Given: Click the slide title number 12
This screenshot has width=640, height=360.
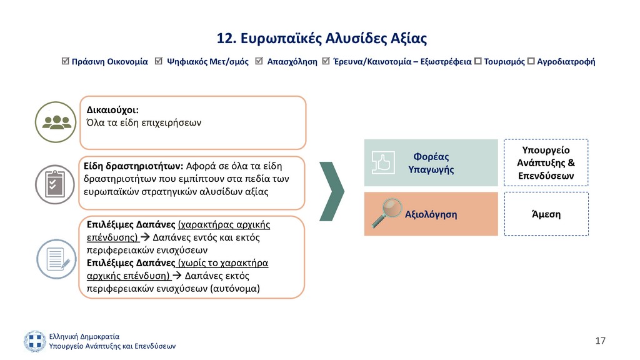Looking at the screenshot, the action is pos(226,38).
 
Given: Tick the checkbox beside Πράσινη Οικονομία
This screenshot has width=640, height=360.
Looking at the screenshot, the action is pos(65,61).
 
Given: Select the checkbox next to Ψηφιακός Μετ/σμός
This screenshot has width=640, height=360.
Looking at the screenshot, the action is pos(159,61).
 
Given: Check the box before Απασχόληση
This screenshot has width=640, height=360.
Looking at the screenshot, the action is pos(259,61).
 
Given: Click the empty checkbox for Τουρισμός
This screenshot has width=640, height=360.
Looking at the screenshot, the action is pos(478,61).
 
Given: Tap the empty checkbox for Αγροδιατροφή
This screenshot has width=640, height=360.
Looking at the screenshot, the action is pos(531,61).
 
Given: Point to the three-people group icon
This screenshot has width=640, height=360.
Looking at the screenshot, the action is pos(56,122).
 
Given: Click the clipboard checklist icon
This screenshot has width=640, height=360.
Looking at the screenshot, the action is pos(55,184).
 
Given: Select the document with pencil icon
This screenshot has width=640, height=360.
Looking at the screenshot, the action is pos(57,259).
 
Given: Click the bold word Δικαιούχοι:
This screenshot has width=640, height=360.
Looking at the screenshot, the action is pos(112,110).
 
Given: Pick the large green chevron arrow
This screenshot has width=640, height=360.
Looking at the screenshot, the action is pos(332,191).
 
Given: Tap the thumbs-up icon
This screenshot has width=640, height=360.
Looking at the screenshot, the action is pos(383,162).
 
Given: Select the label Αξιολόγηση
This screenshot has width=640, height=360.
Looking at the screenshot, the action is pos(431,214).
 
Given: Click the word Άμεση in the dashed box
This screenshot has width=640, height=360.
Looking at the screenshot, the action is pos(546,214).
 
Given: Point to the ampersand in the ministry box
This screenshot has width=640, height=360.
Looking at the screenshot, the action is pos(571,163).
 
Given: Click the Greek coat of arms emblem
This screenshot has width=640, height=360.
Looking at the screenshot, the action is pos(35,341).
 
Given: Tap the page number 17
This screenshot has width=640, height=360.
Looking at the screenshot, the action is pos(600,341).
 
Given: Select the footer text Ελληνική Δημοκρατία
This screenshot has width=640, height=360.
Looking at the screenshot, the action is pos(84,336).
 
